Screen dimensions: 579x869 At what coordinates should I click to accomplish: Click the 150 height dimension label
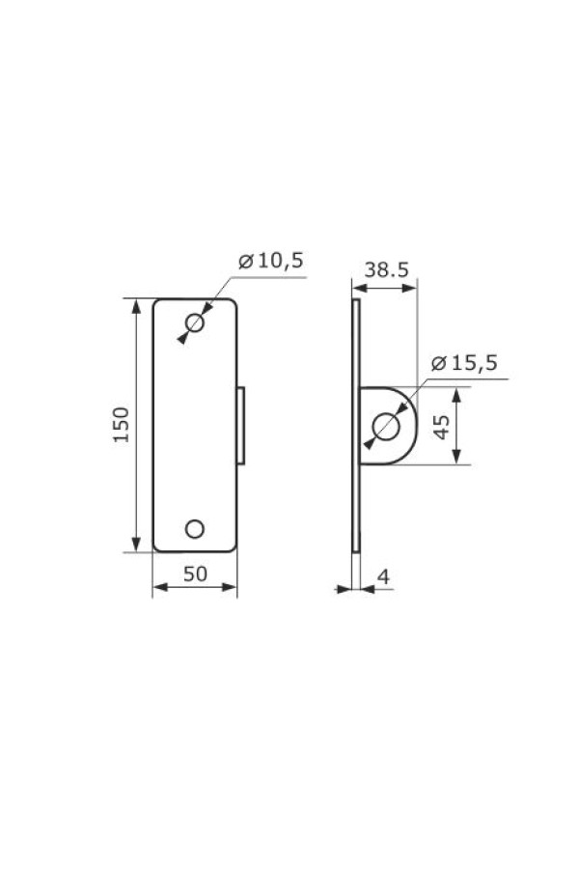coord(121,425)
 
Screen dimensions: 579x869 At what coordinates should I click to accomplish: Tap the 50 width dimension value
coord(195,575)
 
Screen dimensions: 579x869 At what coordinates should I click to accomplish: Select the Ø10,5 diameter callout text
coord(271,260)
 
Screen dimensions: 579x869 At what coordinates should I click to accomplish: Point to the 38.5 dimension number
coord(386,270)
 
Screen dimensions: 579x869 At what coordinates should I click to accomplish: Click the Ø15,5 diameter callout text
coord(464,363)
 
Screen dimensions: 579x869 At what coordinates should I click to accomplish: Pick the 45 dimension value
coord(442,427)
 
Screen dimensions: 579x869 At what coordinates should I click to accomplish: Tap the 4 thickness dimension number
coord(383,577)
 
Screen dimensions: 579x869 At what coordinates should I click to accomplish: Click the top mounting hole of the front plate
coord(195,322)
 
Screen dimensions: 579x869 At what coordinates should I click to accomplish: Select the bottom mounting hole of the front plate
coord(195,529)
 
